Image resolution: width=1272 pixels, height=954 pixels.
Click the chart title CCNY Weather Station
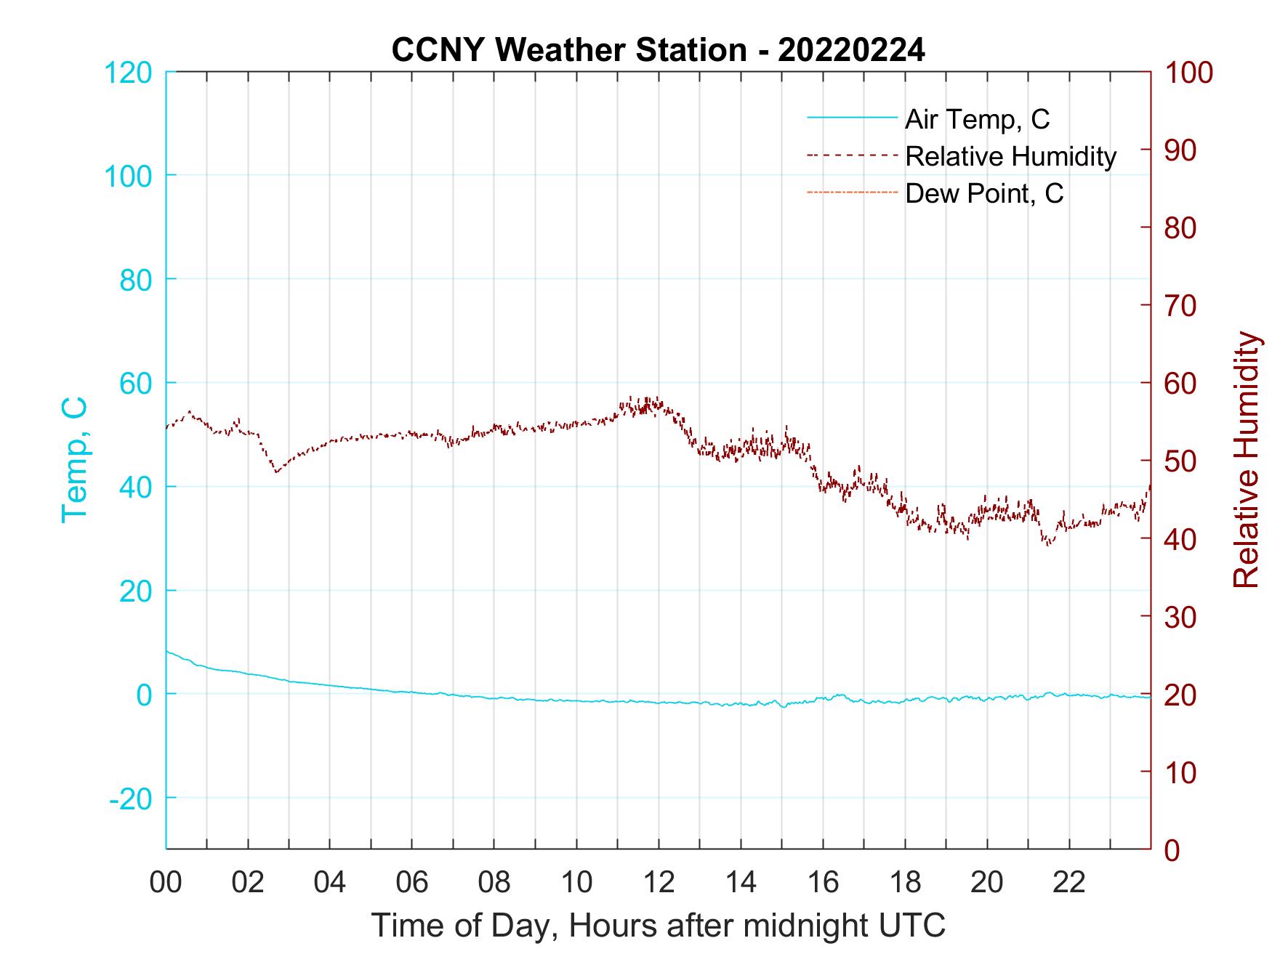658,50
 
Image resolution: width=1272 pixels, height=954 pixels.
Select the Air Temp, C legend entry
976,119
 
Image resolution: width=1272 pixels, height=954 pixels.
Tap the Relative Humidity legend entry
1010,156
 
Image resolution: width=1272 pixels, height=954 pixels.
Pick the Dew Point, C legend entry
984,194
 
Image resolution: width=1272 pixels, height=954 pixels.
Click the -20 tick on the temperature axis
131,799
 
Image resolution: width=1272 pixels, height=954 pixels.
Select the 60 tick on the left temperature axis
134,383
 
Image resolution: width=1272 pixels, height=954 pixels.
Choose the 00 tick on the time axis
166,883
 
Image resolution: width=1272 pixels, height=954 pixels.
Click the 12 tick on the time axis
659,883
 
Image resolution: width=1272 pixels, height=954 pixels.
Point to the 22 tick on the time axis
1069,883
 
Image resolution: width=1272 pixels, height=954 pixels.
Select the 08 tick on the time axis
494,883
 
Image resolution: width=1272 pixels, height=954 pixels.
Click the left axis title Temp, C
75,459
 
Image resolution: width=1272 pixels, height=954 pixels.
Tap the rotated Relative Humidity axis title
1246,459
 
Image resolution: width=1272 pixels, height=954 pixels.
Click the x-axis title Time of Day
658,925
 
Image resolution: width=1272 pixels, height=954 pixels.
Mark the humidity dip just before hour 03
276,472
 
